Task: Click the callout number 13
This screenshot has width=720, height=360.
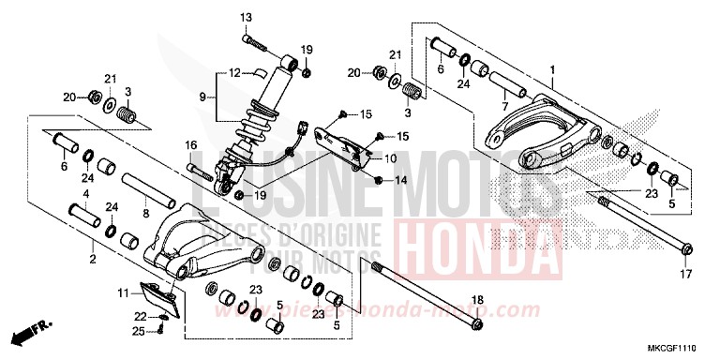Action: pos(247,18)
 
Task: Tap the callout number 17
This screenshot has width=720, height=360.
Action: pos(685,275)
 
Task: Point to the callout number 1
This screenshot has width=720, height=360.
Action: pos(553,69)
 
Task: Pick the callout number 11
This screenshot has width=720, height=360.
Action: pos(124,293)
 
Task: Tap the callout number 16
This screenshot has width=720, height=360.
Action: pos(189,145)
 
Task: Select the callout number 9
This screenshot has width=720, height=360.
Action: pos(202,97)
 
